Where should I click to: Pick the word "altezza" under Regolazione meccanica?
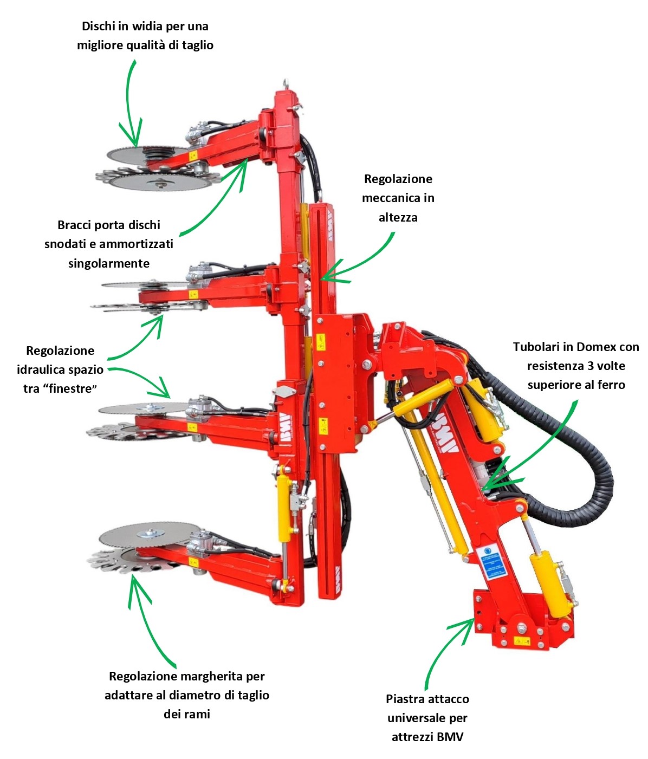pos(398,217)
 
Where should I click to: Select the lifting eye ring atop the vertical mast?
pos(284,84)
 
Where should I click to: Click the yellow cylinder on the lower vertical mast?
pos(283,507)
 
